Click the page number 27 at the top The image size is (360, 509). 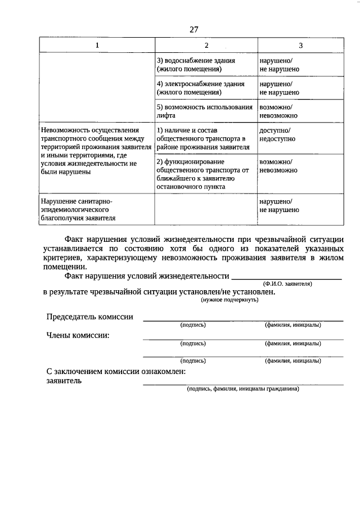pos(195,29)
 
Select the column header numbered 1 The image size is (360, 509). pos(96,45)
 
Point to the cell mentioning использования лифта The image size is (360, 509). pos(204,110)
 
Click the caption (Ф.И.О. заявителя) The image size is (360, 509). pos(287,284)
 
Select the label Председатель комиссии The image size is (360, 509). pos(90,317)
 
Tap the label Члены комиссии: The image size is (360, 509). pos(78,335)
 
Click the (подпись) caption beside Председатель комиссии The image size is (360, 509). pos(193,325)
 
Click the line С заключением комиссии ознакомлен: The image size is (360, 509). pos(116,372)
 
